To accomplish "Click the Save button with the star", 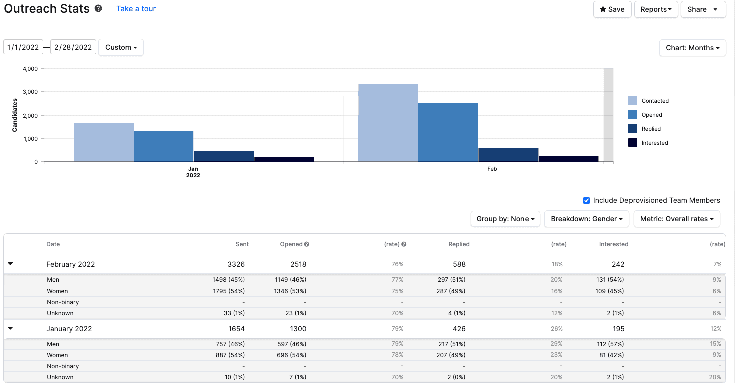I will click(x=612, y=9).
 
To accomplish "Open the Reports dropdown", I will click(x=656, y=9).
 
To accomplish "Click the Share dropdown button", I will click(x=703, y=9).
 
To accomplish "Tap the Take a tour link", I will click(x=136, y=9).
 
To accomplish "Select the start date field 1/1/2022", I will click(x=23, y=47).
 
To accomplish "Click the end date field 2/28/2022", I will click(x=73, y=47).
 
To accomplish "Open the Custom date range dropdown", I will click(x=121, y=47).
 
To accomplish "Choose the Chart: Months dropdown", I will click(x=692, y=48).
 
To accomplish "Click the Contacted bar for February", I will click(x=388, y=123).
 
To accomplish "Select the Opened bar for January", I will click(x=163, y=146).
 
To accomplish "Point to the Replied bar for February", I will click(x=508, y=154).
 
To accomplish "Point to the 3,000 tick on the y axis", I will click(x=30, y=92).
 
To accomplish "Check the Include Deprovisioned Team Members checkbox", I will click(x=586, y=200).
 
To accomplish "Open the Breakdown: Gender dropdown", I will click(x=586, y=219).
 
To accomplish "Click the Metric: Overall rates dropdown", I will click(x=676, y=219).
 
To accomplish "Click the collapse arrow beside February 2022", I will click(x=10, y=264).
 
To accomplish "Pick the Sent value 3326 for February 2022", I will click(x=235, y=264).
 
